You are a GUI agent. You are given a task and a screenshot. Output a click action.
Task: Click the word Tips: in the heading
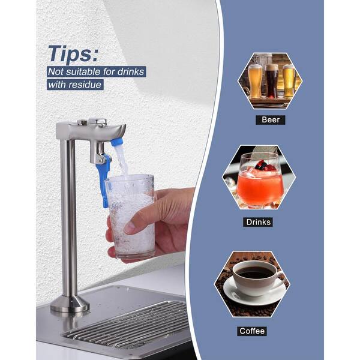(73, 54)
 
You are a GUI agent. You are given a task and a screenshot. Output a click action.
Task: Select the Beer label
(271, 120)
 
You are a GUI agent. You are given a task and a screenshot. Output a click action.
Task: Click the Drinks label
(258, 222)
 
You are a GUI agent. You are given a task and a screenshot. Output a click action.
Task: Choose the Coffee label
(252, 331)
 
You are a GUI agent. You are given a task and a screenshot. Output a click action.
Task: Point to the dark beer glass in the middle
(272, 81)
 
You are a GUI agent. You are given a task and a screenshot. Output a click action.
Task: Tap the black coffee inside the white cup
(254, 272)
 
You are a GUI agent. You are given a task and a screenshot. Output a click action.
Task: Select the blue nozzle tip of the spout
(116, 142)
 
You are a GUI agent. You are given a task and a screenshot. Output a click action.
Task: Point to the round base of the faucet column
(70, 304)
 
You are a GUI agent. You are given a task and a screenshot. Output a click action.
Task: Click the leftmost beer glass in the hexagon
(255, 82)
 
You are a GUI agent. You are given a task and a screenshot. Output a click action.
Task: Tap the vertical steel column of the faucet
(68, 218)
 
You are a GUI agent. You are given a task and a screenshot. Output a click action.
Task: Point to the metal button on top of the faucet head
(98, 121)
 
